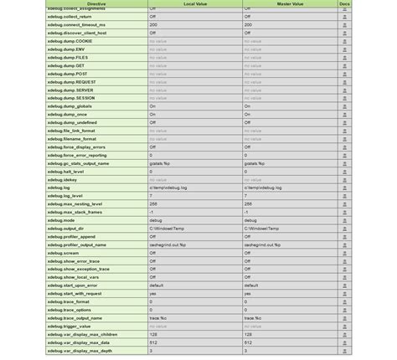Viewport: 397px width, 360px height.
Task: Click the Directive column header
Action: [x=96, y=4]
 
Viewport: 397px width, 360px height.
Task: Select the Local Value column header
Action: [x=195, y=4]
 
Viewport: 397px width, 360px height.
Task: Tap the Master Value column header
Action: [x=290, y=4]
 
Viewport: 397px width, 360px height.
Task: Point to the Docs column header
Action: [x=344, y=4]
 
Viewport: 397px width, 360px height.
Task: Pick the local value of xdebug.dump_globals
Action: [x=153, y=106]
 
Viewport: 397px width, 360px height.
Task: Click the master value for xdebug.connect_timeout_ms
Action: [x=248, y=25]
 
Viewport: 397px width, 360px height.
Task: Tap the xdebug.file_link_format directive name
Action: [x=71, y=131]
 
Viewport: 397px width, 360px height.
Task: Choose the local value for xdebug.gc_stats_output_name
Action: [x=160, y=163]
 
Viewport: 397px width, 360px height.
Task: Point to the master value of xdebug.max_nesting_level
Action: [x=248, y=203]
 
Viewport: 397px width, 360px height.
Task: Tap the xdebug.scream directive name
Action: [x=63, y=253]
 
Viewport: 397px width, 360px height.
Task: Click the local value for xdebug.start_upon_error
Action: [x=157, y=285]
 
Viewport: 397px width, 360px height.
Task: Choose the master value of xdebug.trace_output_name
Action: [x=253, y=318]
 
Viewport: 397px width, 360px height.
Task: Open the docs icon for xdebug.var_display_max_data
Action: [x=344, y=342]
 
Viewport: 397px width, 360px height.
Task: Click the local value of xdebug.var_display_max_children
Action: [x=154, y=334]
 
